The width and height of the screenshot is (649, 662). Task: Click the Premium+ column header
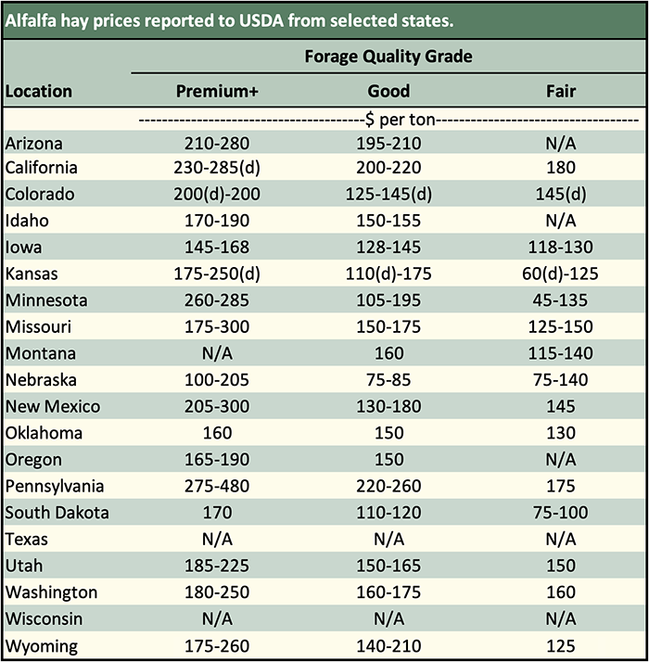(217, 91)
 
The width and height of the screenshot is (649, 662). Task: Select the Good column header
(388, 91)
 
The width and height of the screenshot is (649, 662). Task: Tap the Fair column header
(560, 91)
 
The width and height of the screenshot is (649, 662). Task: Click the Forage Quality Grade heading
(388, 57)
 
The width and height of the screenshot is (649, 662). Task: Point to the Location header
(38, 91)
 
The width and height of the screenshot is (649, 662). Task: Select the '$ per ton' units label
(388, 120)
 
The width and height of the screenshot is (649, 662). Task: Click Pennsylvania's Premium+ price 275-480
(217, 486)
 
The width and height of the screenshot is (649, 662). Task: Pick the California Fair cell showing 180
(560, 168)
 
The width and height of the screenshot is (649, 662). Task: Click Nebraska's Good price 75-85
(388, 380)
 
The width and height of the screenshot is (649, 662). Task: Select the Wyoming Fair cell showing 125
(560, 645)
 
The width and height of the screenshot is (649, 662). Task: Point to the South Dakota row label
(57, 513)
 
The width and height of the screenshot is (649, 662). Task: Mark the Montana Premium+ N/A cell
(217, 353)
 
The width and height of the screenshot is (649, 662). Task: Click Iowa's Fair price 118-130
(560, 248)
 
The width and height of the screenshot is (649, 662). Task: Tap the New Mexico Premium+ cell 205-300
(217, 406)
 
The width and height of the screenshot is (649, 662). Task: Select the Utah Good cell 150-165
(388, 566)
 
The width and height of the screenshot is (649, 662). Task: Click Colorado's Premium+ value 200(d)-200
(217, 195)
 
